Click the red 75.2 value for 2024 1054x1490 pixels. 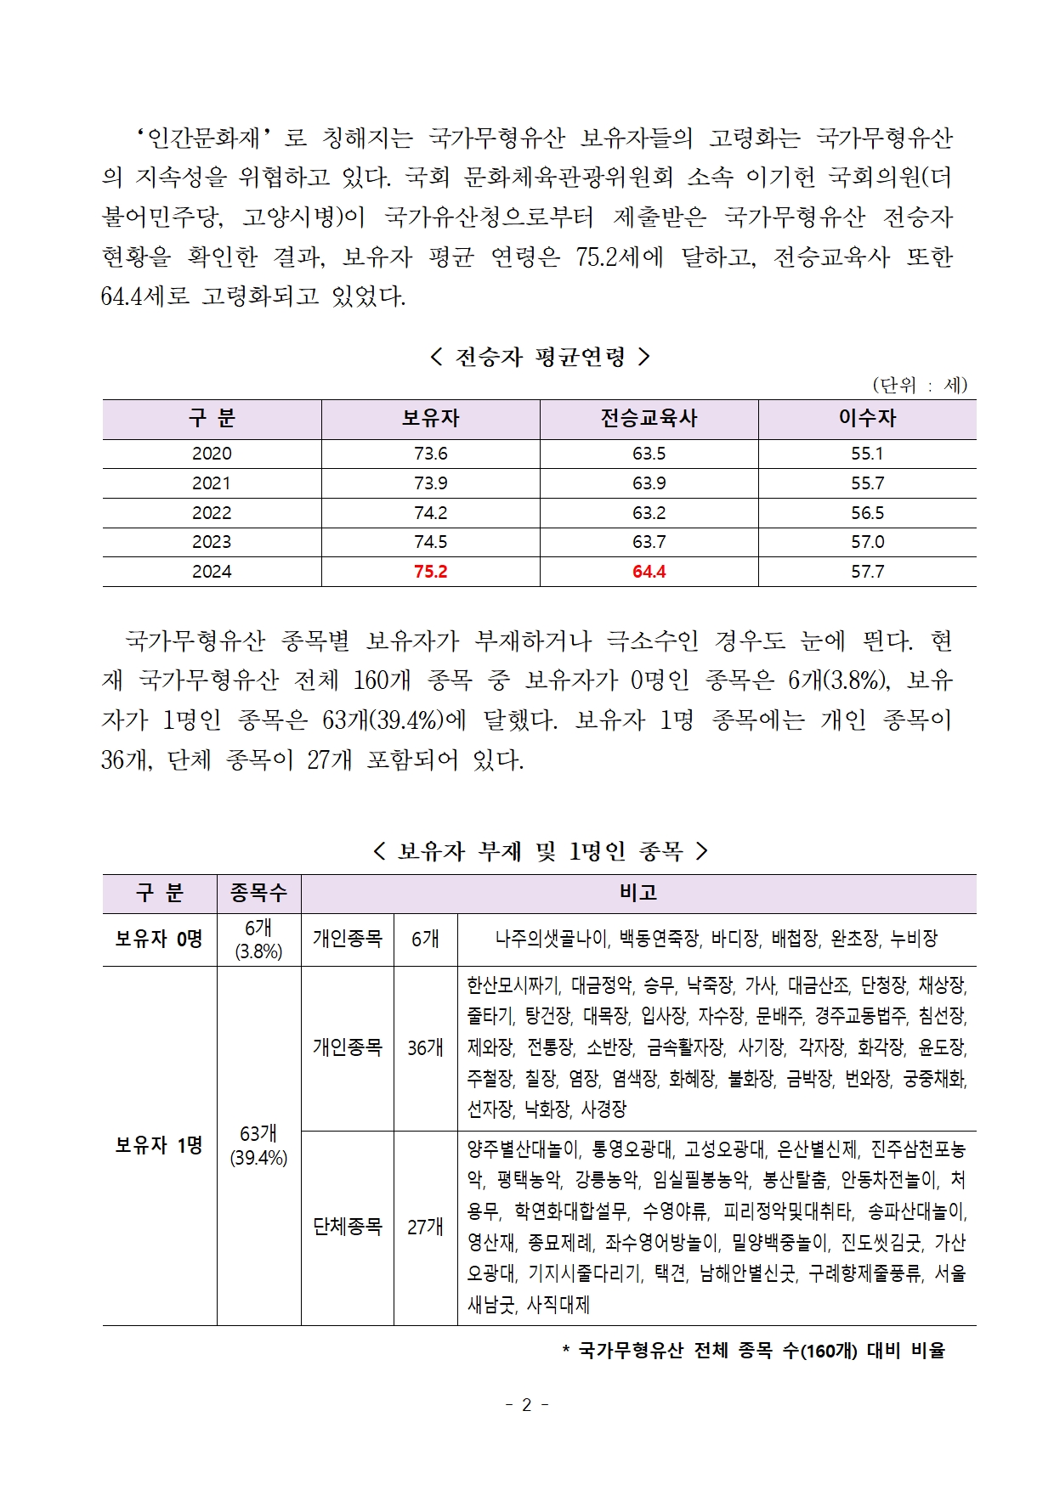[x=430, y=572]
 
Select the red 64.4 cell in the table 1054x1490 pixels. [x=649, y=572]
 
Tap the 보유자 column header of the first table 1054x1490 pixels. [x=430, y=418]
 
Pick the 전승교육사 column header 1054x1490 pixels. [x=649, y=418]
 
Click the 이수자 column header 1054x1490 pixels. [x=867, y=418]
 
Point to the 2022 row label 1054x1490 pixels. [x=212, y=513]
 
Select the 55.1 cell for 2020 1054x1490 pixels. [x=867, y=454]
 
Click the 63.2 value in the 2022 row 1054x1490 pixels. [x=649, y=513]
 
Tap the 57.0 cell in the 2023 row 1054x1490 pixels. [x=867, y=542]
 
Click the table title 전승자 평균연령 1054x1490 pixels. [x=540, y=357]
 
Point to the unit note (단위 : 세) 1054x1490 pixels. [x=920, y=385]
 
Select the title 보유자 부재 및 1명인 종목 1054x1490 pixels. [x=540, y=850]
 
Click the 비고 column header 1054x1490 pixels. [x=638, y=893]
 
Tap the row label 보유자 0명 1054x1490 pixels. [x=159, y=939]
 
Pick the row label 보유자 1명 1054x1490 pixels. [x=159, y=1145]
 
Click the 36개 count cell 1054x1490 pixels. [x=425, y=1048]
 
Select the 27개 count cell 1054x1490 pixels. [x=425, y=1227]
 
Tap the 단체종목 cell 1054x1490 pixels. [x=347, y=1227]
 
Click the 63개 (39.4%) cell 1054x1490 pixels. [x=258, y=1145]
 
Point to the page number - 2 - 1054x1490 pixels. [x=526, y=1405]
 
